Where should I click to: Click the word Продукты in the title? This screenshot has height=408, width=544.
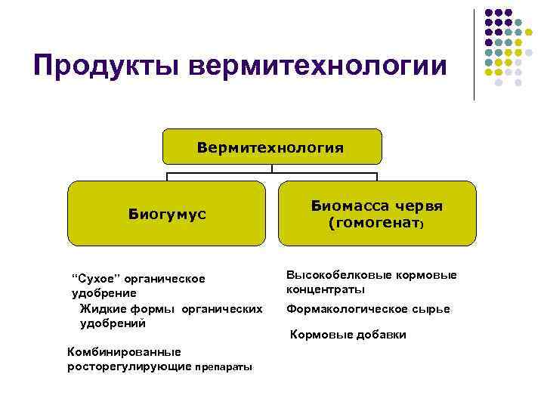[106, 66]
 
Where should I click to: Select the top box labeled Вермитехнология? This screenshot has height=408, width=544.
[271, 147]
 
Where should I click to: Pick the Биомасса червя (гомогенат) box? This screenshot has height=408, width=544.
[377, 214]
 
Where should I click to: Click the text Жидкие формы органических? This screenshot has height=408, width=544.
[171, 308]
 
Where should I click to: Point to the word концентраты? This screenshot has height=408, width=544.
[325, 289]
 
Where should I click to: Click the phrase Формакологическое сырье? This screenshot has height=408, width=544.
[367, 309]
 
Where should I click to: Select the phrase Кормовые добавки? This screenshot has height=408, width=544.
[348, 335]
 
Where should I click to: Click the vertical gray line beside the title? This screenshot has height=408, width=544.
[474, 53]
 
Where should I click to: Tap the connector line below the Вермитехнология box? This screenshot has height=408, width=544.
[271, 175]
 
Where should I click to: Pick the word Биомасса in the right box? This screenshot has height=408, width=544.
[347, 206]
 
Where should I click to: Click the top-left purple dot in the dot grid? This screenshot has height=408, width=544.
[489, 14]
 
